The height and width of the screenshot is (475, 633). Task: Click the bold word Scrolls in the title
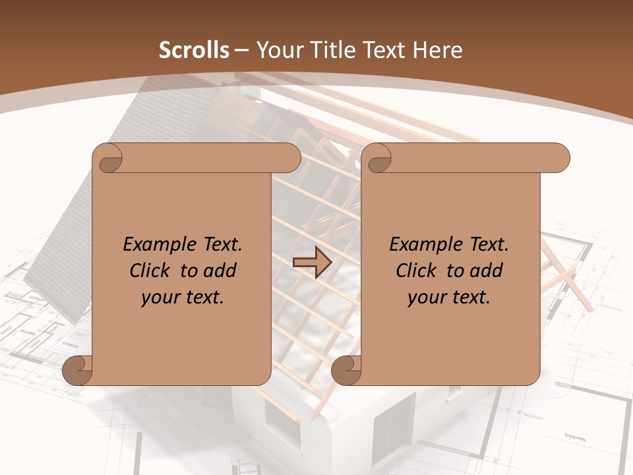pos(195,50)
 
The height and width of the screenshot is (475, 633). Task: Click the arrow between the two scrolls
pos(312,263)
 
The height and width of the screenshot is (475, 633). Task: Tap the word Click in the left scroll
pos(150,270)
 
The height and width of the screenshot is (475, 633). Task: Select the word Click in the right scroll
pos(417,270)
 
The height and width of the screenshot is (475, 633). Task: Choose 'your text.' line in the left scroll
pos(183,298)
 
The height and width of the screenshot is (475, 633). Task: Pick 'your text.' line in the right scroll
pos(449,298)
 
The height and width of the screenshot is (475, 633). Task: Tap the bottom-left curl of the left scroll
pos(76,370)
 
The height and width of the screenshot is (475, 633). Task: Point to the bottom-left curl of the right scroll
pos(346,370)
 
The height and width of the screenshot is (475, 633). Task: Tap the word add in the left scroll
pos(220,270)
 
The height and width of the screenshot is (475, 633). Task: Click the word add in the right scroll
pos(486,270)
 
